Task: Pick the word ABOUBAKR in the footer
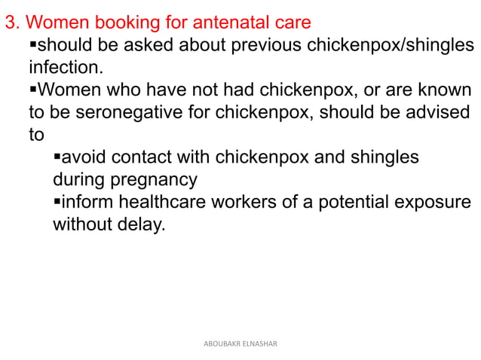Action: [x=222, y=343]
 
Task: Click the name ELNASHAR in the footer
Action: [x=260, y=343]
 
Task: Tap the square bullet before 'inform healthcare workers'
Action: [x=57, y=203]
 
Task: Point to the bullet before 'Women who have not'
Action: [x=32, y=90]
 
